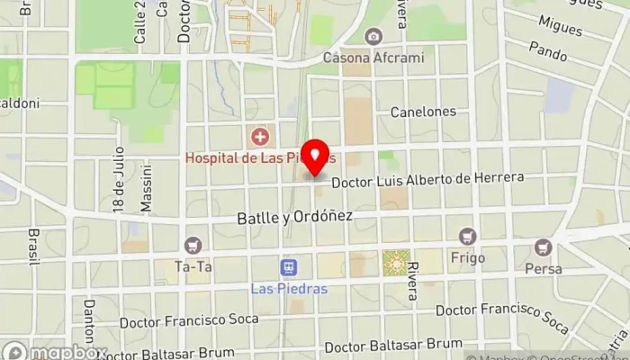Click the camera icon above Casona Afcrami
pyautogui.click(x=373, y=37)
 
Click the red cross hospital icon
pyautogui.click(x=260, y=138)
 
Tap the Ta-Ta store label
pyautogui.click(x=193, y=266)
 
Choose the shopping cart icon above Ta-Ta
pyautogui.click(x=193, y=245)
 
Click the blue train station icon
pyautogui.click(x=289, y=267)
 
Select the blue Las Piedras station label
pyautogui.click(x=289, y=289)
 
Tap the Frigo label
pyautogui.click(x=467, y=258)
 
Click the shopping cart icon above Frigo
pyautogui.click(x=467, y=237)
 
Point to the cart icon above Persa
pyautogui.click(x=543, y=247)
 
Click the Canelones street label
pyautogui.click(x=423, y=112)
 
